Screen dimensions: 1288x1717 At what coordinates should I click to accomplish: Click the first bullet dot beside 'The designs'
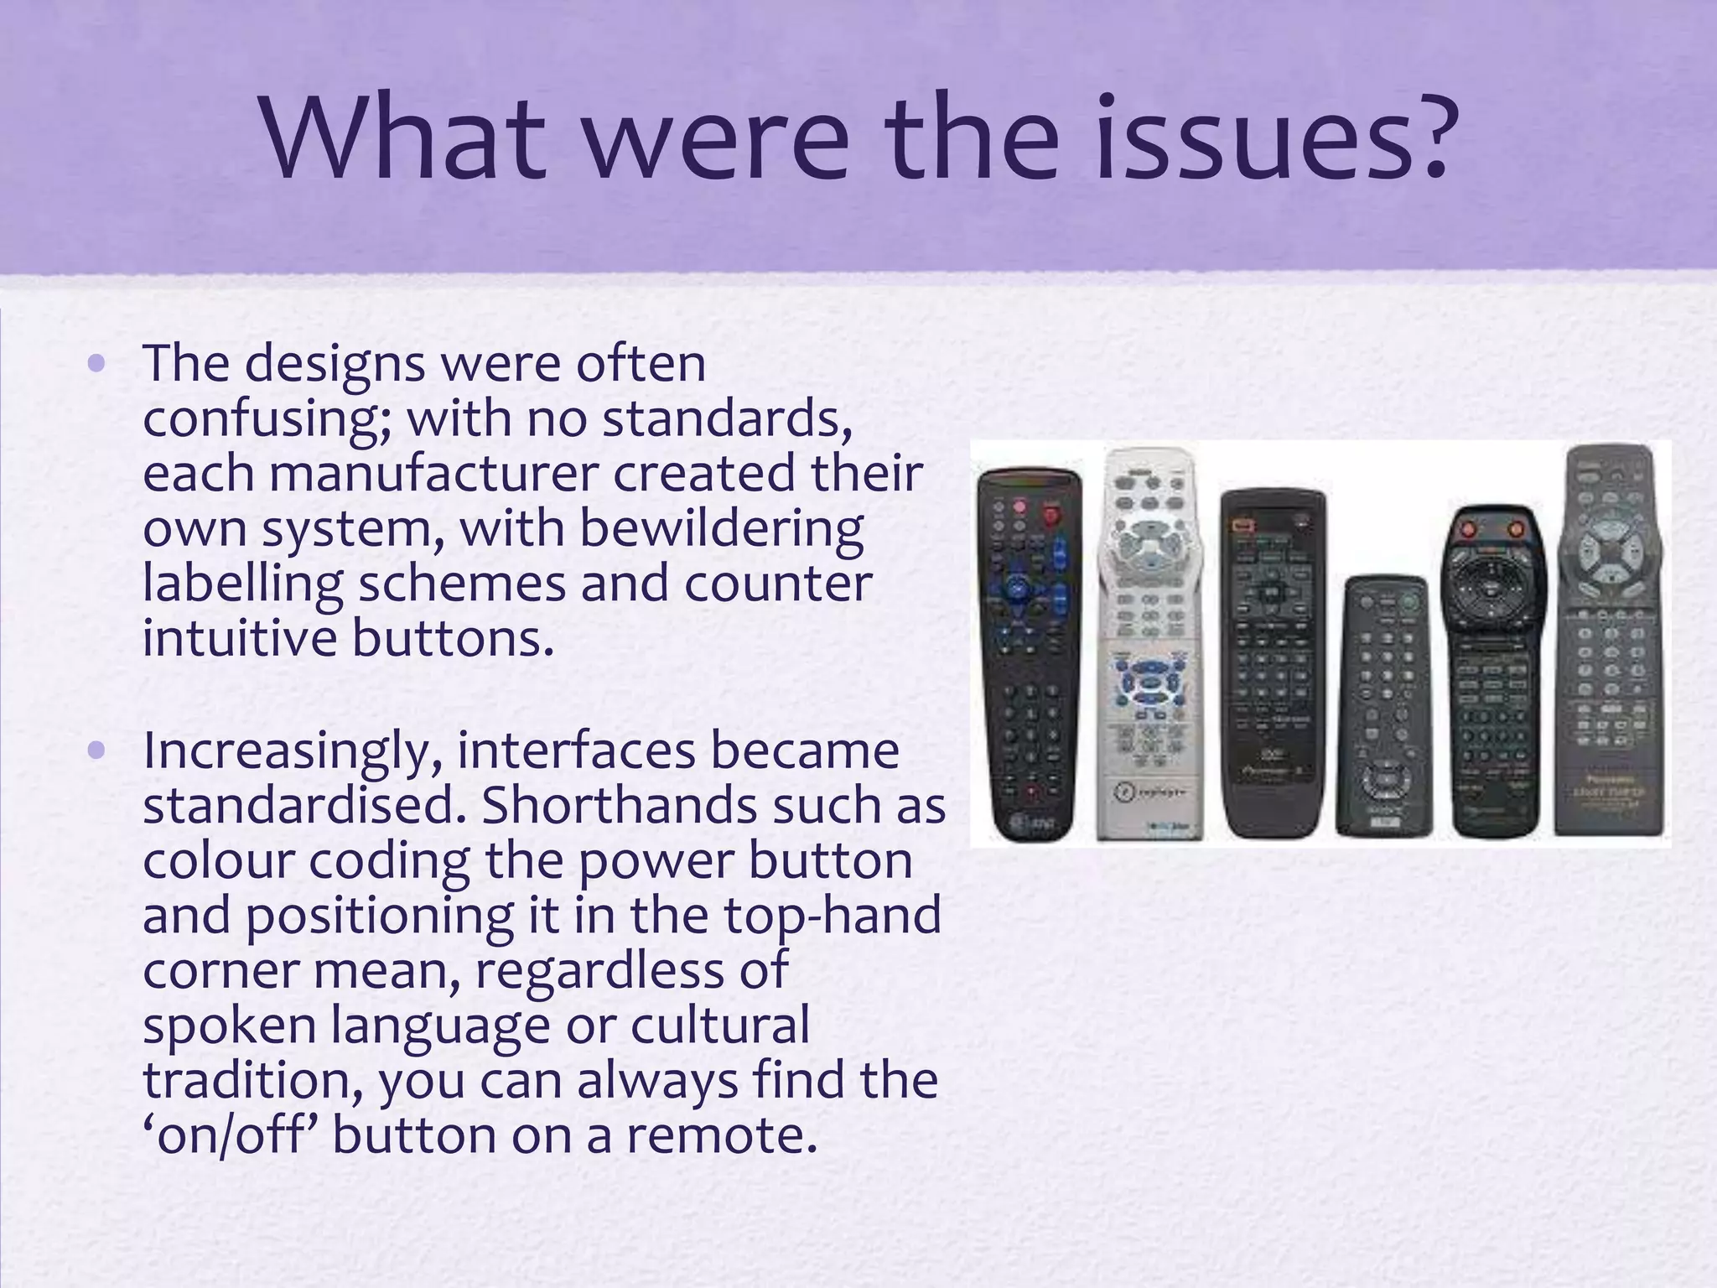97,364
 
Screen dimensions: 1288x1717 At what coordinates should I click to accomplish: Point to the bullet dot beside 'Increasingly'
97,750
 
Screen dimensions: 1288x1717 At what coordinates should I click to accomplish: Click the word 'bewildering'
721,529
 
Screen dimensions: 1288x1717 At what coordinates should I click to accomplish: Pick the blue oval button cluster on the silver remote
1149,683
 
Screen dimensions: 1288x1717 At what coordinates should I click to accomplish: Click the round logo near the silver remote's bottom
1123,789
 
